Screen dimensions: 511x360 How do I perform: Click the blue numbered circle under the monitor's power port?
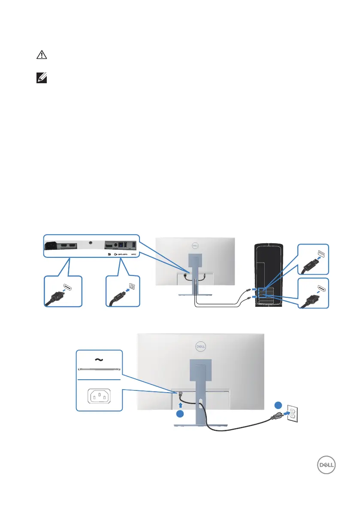coord(180,414)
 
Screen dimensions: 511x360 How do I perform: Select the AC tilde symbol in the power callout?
coord(98,360)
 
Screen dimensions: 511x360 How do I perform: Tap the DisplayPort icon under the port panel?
coord(110,253)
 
